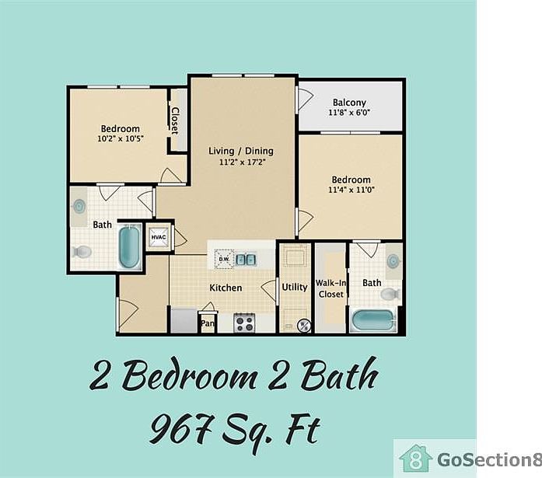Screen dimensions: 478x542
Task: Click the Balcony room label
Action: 349,103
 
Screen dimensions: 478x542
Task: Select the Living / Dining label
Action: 240,151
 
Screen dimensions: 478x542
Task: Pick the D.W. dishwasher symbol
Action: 223,258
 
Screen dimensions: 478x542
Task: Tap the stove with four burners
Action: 246,322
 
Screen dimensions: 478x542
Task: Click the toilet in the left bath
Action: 82,251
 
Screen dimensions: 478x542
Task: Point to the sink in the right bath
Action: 394,260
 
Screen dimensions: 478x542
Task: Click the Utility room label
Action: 295,287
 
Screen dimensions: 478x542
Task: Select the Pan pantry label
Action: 208,323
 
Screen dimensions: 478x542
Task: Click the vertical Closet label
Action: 176,120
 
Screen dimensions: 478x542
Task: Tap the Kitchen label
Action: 226,288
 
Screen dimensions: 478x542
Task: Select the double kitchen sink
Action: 247,259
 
